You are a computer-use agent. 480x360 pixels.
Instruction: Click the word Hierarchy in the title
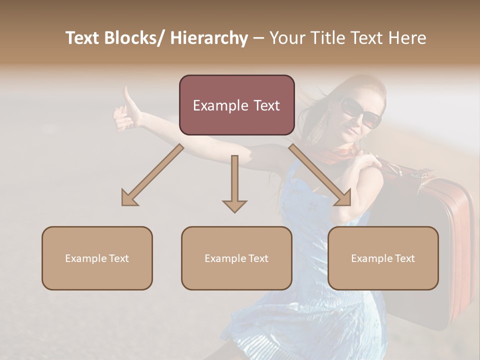(x=209, y=38)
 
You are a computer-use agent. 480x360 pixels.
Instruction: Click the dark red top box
(x=236, y=105)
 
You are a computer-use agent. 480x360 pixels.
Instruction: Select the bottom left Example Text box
(x=97, y=258)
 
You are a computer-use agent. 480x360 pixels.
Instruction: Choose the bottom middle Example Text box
(x=236, y=258)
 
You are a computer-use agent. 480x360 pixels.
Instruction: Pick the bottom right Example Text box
(x=383, y=258)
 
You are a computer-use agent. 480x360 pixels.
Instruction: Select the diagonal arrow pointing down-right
(x=320, y=175)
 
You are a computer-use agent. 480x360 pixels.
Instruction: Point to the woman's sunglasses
(x=360, y=112)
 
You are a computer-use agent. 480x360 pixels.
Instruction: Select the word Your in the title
(x=287, y=38)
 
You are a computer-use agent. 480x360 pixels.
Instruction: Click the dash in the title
(x=258, y=38)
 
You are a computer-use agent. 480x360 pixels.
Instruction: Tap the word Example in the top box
(x=220, y=105)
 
